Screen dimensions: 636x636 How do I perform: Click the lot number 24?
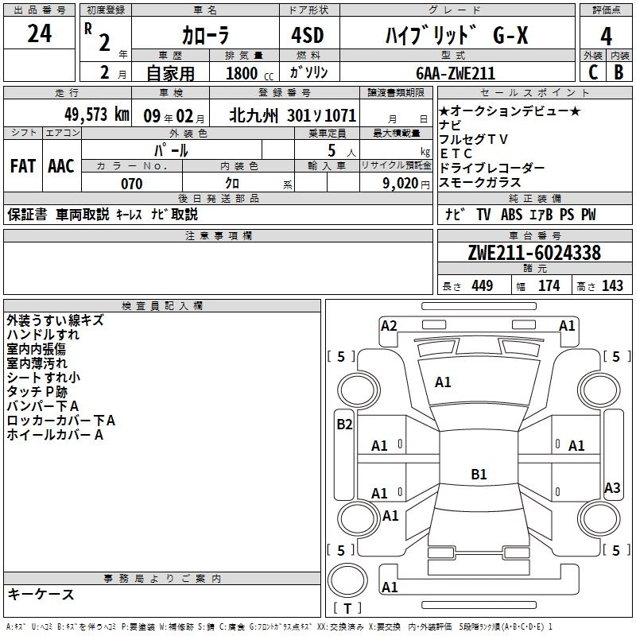coord(39,34)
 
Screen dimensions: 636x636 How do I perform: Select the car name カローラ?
coord(205,37)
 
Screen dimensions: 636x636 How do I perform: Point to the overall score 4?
coord(607,37)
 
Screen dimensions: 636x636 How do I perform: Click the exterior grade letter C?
coord(592,72)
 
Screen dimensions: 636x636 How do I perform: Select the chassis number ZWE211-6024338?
coord(534,254)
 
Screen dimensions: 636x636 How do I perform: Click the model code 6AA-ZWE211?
coord(456,73)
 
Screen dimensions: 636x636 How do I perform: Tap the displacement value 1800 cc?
coord(243,73)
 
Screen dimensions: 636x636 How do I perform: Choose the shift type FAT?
coord(22,166)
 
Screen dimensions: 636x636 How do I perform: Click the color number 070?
coord(132,184)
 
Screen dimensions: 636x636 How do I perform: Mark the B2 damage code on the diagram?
coord(344,425)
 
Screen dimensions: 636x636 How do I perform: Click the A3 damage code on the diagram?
coord(612,488)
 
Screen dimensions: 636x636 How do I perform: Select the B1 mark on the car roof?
coord(479,475)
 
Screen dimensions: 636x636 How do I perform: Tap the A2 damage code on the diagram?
coord(389,325)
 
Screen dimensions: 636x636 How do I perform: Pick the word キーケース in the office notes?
coord(41,595)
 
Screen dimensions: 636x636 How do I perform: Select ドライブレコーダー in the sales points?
coord(492,169)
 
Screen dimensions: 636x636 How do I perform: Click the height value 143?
coord(612,286)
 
